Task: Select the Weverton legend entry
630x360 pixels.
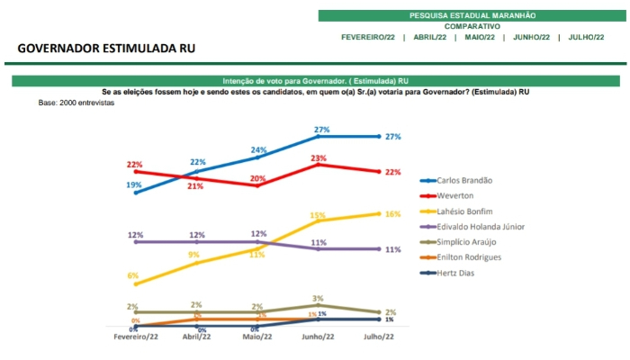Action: pos(456,195)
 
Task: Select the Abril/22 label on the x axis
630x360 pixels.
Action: pos(197,337)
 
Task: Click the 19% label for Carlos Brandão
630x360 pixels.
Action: pos(133,184)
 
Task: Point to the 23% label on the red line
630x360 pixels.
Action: pos(318,157)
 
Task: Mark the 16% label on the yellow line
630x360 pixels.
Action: pos(392,214)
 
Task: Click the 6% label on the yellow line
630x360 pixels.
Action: pos(133,274)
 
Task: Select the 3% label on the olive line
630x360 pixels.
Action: pos(318,297)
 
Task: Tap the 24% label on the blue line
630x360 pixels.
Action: pos(258,149)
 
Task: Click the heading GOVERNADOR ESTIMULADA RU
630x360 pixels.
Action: pos(106,48)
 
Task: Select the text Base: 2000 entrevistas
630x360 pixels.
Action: pos(76,103)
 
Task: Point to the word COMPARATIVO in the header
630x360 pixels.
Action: pos(472,26)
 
